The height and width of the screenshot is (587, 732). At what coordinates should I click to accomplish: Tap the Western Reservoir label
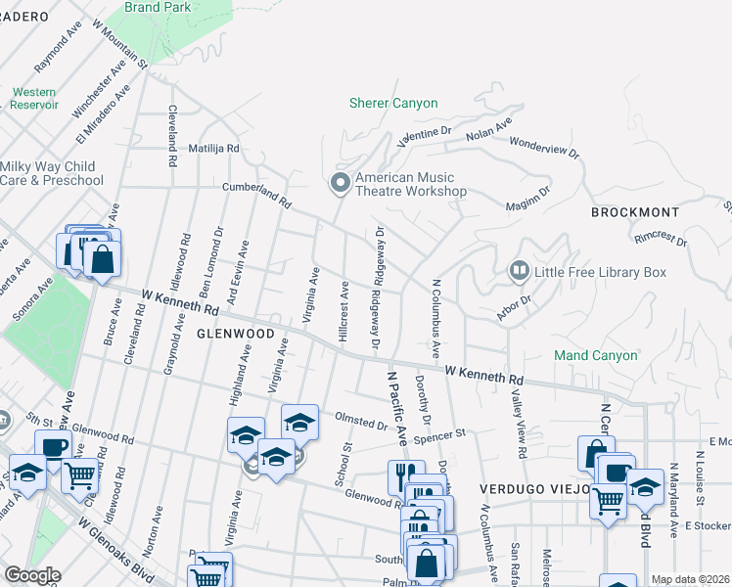click(35, 98)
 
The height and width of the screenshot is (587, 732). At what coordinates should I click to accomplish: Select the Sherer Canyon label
click(393, 103)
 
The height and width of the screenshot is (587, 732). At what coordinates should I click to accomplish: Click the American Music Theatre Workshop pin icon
click(341, 182)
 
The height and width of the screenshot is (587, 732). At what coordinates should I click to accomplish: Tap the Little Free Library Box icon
click(519, 269)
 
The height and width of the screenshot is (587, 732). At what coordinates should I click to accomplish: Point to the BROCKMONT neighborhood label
click(634, 212)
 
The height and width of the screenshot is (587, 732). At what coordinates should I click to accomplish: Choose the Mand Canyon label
click(595, 355)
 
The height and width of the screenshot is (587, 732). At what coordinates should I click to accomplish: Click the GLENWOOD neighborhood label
click(234, 334)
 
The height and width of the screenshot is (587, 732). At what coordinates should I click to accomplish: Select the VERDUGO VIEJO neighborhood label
click(528, 487)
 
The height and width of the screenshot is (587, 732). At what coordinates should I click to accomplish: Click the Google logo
click(31, 575)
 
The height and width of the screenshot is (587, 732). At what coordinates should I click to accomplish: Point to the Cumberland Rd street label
click(257, 194)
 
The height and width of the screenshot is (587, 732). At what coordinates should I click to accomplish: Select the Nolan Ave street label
click(489, 128)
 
